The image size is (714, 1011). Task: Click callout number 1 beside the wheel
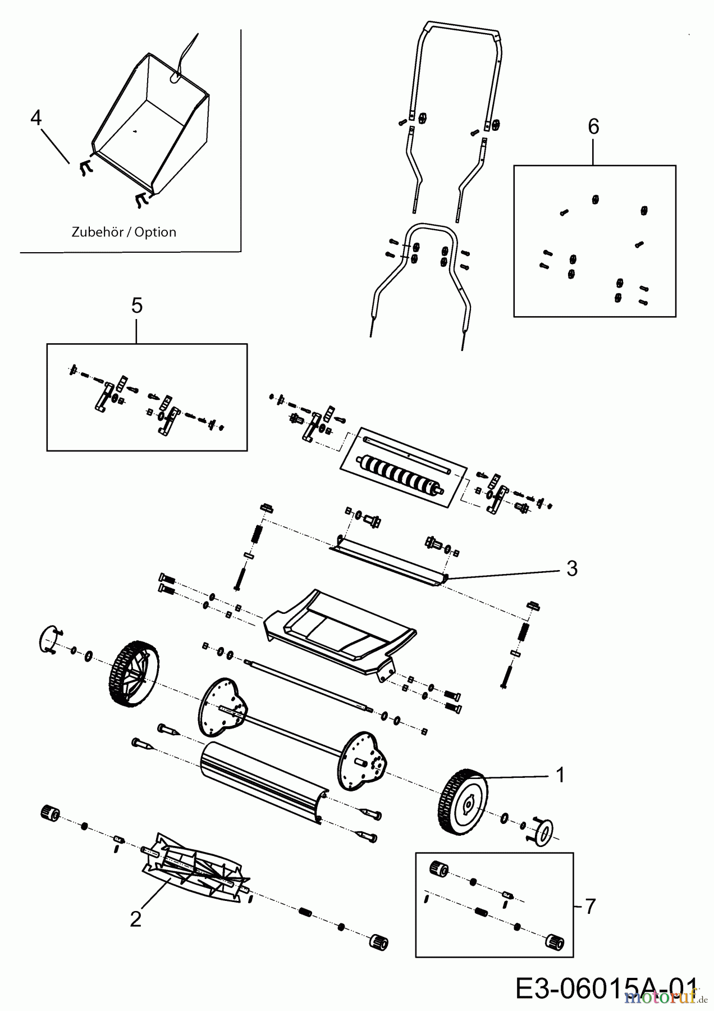pos(559,775)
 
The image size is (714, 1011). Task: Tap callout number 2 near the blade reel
pos(135,919)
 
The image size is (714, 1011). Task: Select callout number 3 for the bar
pos(571,569)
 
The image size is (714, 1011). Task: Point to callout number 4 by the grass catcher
pos(36,119)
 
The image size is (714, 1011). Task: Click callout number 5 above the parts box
pos(137,306)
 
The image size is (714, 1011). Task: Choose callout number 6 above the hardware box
pos(593,127)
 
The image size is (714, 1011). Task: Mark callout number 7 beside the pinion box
pos(589,907)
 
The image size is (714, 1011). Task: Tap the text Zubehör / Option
pos(124,232)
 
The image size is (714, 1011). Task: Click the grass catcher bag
pos(152,124)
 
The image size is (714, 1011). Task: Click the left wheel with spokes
pos(132,671)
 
